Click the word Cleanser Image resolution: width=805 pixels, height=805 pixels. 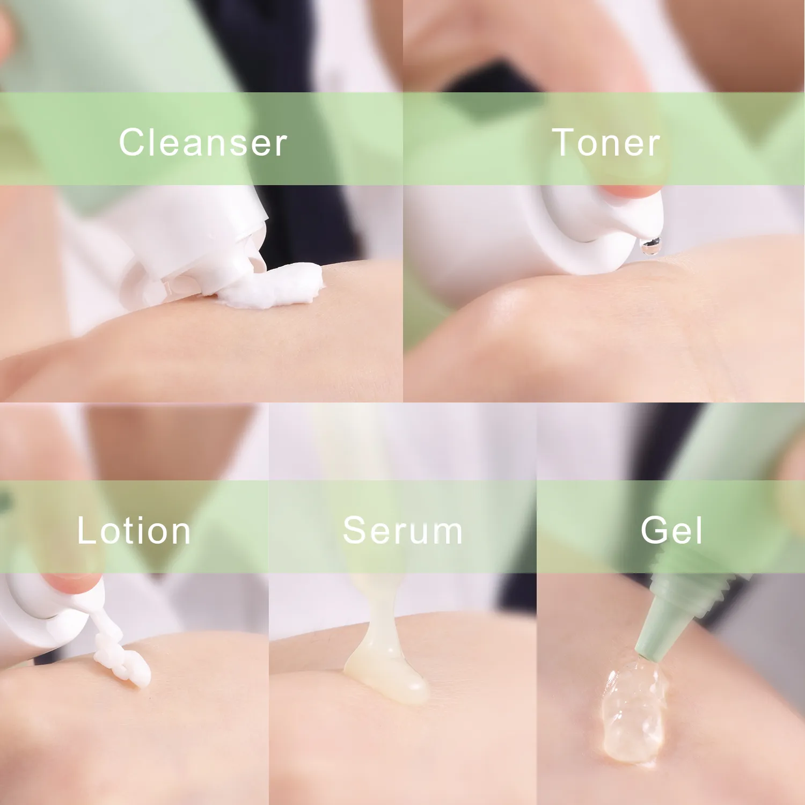pos(203,143)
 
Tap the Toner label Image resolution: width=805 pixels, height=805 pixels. pos(606,143)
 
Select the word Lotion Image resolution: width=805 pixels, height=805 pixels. pos(134,531)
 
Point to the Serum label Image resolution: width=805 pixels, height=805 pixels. pos(402,531)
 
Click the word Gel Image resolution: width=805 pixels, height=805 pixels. pos(671,531)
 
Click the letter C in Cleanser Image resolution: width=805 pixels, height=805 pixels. pos(132,143)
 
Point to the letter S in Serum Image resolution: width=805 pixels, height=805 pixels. pos(355,531)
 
